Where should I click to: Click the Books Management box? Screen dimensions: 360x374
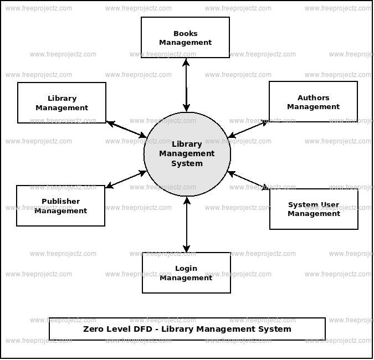point(185,37)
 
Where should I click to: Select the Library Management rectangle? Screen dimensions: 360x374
point(62,102)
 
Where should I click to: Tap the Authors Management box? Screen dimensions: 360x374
point(313,102)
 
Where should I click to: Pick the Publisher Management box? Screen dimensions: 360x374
point(60,205)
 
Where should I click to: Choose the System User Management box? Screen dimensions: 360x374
point(314,209)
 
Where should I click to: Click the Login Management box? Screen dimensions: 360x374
point(186,272)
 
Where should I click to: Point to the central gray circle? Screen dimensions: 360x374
point(187,153)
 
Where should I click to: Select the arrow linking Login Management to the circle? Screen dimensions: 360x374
point(187,224)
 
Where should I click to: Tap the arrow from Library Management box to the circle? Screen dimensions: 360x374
point(126,130)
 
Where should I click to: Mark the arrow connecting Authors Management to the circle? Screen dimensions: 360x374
point(248,129)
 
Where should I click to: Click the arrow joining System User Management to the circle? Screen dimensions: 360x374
point(249,181)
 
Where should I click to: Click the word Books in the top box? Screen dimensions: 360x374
point(185,33)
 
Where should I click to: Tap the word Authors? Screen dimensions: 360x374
point(313,98)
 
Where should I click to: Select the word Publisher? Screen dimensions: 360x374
point(60,202)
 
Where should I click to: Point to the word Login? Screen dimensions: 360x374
point(186,269)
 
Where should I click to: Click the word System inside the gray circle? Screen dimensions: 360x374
point(187,163)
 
